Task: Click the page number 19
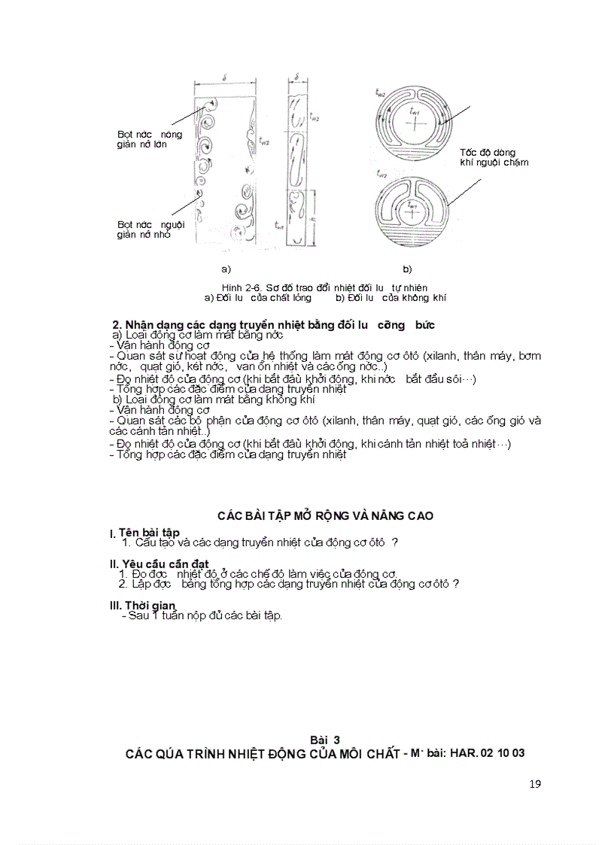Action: (x=535, y=783)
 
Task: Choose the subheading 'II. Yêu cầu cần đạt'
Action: (x=159, y=564)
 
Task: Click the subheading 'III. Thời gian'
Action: (x=142, y=605)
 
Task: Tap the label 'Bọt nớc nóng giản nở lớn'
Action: (x=149, y=139)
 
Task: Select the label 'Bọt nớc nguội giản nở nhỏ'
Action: (x=150, y=229)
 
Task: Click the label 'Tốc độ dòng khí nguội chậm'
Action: (x=494, y=157)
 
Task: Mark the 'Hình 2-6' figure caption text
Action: (x=324, y=287)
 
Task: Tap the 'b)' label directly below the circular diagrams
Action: (x=407, y=269)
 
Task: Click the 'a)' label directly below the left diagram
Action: (x=225, y=269)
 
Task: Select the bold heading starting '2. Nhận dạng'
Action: (x=273, y=325)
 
